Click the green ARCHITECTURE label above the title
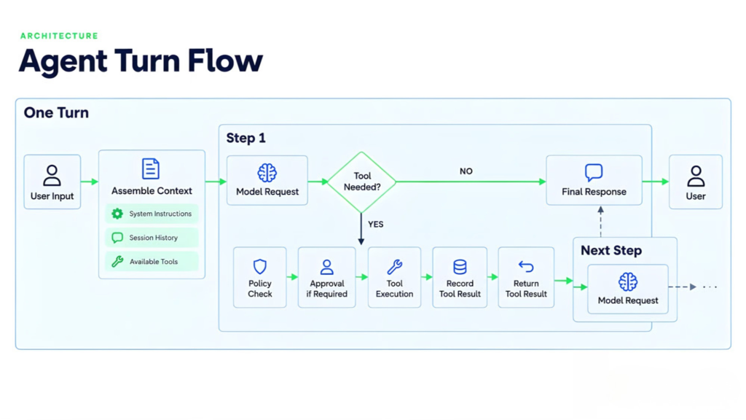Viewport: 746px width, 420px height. [x=59, y=36]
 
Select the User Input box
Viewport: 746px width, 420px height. [x=52, y=182]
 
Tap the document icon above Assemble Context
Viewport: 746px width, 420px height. [x=151, y=169]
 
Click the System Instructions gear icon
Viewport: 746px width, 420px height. [x=117, y=214]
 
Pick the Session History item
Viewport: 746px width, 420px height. [x=152, y=238]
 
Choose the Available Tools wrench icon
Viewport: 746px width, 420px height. [x=117, y=262]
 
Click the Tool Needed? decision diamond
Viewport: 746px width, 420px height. [x=361, y=182]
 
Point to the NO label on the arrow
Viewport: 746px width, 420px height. [x=466, y=171]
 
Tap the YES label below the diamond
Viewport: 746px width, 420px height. [x=375, y=225]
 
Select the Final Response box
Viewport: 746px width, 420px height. [x=594, y=180]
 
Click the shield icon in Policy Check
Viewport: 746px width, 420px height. [x=260, y=267]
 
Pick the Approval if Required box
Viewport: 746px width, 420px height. [x=327, y=277]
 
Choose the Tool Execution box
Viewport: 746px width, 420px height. [x=394, y=277]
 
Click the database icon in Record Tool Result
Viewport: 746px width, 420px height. [x=460, y=267]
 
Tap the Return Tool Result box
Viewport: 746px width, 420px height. [x=526, y=277]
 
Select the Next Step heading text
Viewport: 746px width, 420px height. [x=611, y=251]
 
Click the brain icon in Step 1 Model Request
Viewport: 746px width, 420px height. [x=267, y=173]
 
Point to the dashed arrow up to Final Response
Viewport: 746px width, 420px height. [x=601, y=222]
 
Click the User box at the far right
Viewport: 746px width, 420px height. [x=696, y=182]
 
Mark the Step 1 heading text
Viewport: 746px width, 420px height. [x=246, y=138]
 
